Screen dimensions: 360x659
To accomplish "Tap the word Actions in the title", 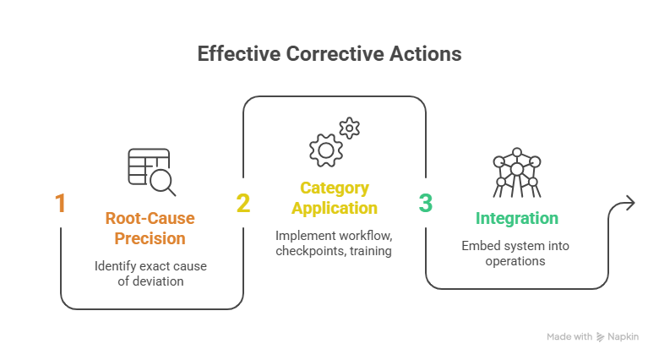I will [422, 54].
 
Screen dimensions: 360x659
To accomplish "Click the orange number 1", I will [60, 204].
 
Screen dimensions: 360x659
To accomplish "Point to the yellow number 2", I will [243, 204].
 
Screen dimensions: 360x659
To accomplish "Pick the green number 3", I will [426, 204].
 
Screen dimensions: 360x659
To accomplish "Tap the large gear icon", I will [325, 149].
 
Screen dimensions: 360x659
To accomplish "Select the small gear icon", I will [350, 128].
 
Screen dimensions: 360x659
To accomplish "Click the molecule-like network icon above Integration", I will [515, 173].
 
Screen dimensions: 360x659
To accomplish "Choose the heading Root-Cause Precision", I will [150, 228].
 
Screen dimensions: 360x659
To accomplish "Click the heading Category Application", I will [335, 198].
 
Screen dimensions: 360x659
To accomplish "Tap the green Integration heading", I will [517, 219].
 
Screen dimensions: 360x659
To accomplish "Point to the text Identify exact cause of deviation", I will [150, 274].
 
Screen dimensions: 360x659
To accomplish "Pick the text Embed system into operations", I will [515, 253].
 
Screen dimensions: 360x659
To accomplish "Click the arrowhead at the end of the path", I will [629, 203].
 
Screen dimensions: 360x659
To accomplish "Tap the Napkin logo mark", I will [601, 336].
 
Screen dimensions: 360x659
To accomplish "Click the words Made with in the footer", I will [569, 336].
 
